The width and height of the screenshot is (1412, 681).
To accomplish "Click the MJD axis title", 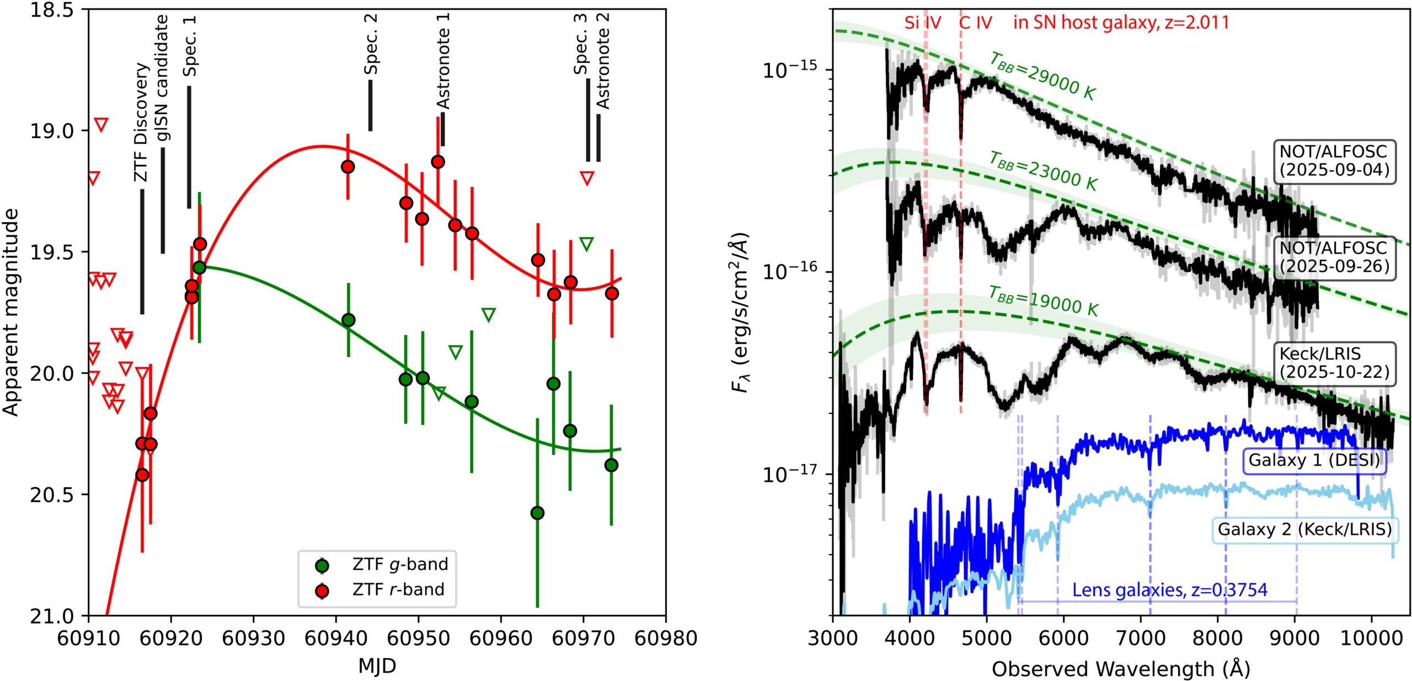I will (377, 666).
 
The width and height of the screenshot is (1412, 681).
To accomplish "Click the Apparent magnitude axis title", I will (11, 312).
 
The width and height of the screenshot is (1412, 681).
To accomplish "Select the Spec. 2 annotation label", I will (371, 44).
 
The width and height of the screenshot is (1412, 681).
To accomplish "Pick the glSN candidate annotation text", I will (162, 79).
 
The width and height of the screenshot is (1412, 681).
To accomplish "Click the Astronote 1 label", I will (443, 61).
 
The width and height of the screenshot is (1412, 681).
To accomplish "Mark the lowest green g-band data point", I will (537, 513).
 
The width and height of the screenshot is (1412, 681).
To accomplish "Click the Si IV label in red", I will (922, 23).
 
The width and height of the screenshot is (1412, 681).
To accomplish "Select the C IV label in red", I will (975, 23).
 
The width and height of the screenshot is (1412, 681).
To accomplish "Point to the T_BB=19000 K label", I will (1042, 301).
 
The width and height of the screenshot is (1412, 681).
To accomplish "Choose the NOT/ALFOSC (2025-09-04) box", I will (1334, 161).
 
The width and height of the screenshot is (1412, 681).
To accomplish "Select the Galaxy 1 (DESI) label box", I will (1313, 460).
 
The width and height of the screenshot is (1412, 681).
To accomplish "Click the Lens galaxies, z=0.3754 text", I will (1169, 590).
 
